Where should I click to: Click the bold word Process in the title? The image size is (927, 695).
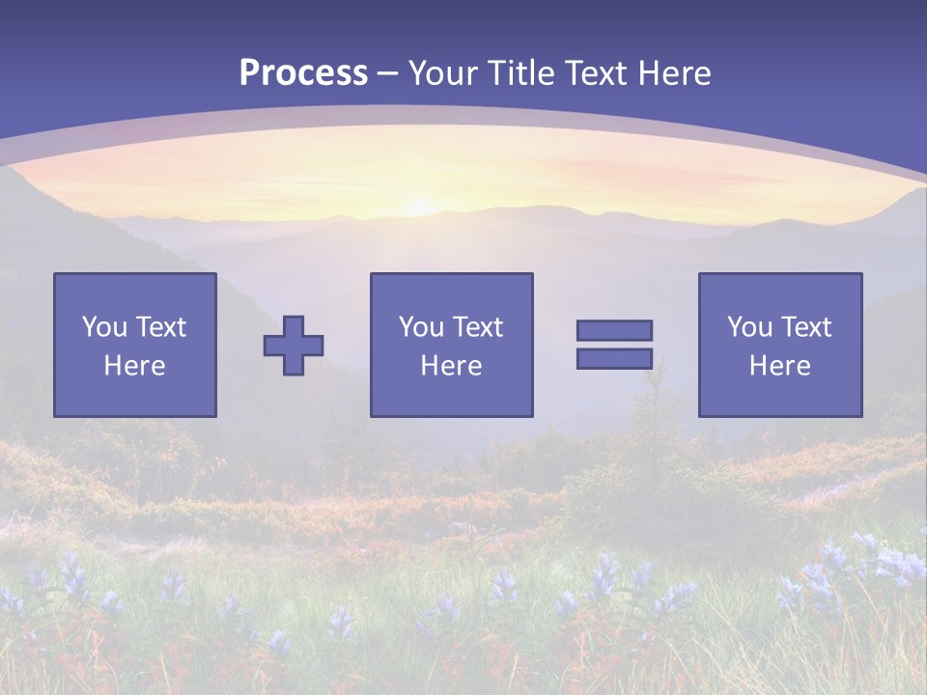click(x=303, y=73)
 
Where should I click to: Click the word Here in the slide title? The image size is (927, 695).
click(x=675, y=73)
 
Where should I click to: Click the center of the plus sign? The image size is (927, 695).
click(x=294, y=345)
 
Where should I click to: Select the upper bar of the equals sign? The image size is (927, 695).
click(x=614, y=330)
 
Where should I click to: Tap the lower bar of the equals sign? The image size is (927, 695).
click(x=614, y=358)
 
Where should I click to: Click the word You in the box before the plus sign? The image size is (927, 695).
click(x=104, y=327)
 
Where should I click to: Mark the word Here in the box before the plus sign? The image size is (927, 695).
click(x=134, y=366)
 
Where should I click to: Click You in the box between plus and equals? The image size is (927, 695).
click(x=421, y=327)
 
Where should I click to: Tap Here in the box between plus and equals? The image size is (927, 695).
click(x=451, y=366)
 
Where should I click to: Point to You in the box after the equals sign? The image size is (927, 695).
click(x=749, y=327)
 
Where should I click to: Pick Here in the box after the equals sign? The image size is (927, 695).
click(x=779, y=366)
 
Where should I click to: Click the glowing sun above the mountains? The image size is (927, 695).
click(x=420, y=206)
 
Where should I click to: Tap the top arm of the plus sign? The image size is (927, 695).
click(x=294, y=325)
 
